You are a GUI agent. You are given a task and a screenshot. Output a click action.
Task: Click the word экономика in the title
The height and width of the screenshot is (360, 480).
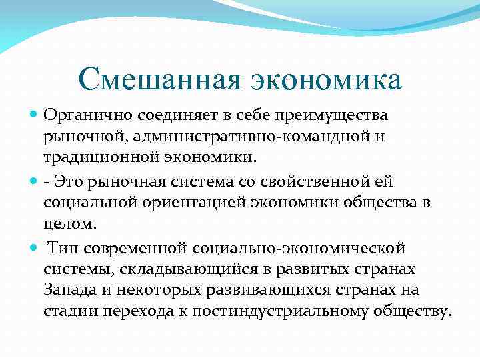(x=326, y=79)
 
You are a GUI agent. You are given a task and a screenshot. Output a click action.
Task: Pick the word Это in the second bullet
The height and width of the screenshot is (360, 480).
(x=68, y=181)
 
